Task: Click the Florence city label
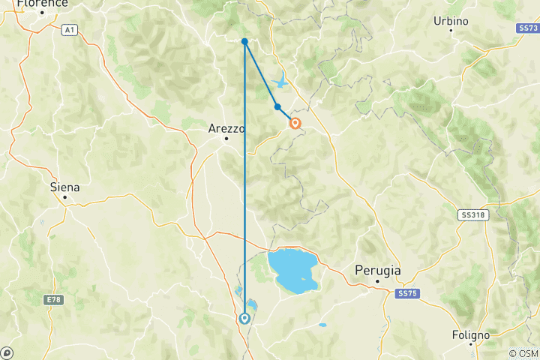(43, 4)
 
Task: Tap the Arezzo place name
(226, 129)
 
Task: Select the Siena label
(64, 187)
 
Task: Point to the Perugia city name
(377, 271)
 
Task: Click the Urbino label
(451, 21)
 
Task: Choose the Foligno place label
(471, 334)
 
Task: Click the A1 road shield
(70, 29)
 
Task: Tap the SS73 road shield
(527, 28)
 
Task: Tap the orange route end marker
(295, 124)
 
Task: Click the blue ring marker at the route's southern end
(244, 319)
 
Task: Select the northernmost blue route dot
(244, 41)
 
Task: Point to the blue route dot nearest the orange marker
(277, 107)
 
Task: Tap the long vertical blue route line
(244, 187)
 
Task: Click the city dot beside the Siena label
(65, 197)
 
